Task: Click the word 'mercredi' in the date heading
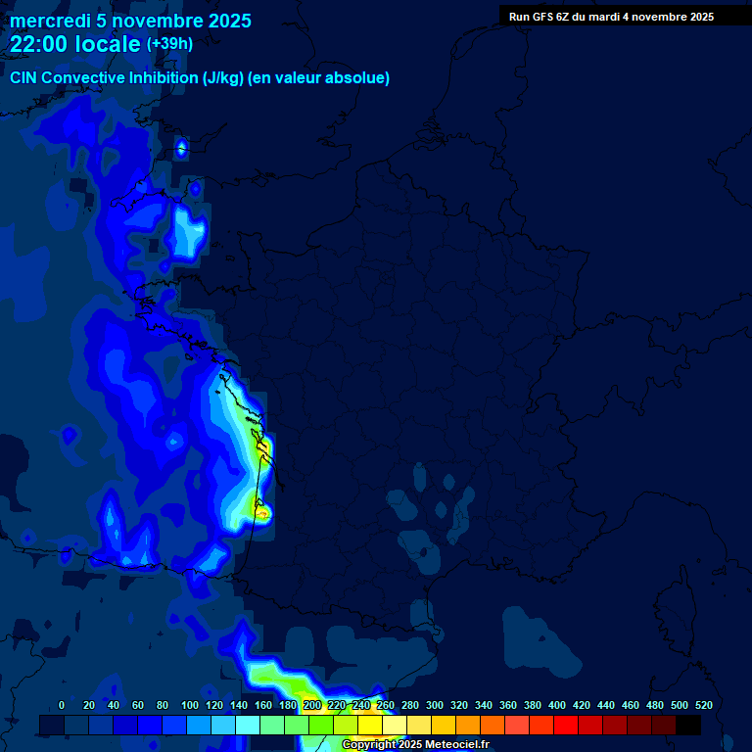click(46, 21)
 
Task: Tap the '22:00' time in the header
click(38, 44)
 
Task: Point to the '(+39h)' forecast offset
click(169, 43)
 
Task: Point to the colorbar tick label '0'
click(62, 705)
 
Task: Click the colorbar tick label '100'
click(188, 705)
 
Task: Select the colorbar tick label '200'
click(312, 705)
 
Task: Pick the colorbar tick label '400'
click(557, 705)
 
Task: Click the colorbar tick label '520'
click(703, 705)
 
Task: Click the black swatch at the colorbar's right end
click(688, 725)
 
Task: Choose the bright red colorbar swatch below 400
click(566, 725)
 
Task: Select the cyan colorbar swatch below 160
click(248, 725)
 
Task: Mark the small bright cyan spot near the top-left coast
click(181, 148)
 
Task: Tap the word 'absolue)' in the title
click(358, 77)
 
